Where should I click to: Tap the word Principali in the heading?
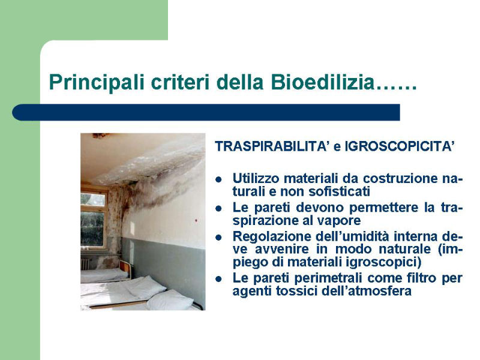tap(97, 83)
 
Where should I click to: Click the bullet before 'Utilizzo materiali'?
tap(218, 179)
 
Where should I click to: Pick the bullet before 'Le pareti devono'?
tap(218, 208)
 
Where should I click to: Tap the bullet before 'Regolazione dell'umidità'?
tap(218, 237)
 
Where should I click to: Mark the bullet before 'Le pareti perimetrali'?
tap(218, 279)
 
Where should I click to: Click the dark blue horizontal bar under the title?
tap(206, 112)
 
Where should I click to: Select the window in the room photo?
tap(94, 220)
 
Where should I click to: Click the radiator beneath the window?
tap(86, 263)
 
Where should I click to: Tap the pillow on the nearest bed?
tap(169, 301)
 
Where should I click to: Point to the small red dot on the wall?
tap(196, 220)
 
